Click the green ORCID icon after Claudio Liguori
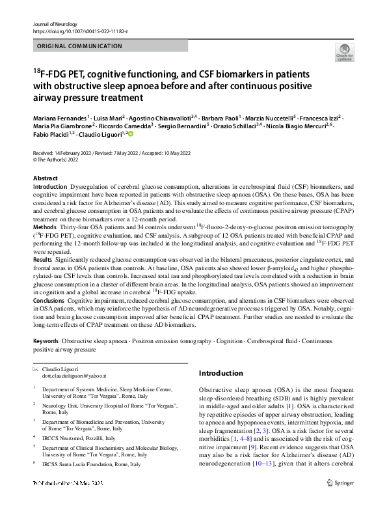129,135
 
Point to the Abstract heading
46,178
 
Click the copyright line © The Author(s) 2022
62,158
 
